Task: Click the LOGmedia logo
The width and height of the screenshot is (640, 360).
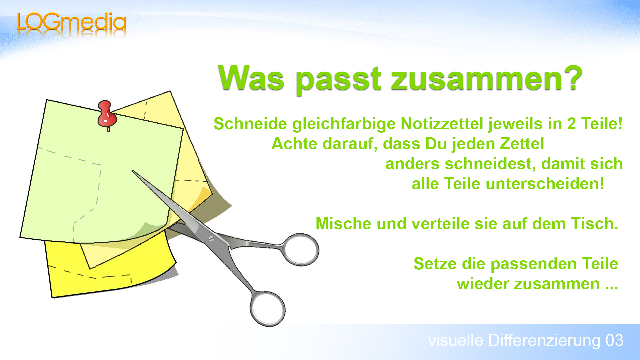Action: point(71,23)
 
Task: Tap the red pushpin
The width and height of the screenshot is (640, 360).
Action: point(106,115)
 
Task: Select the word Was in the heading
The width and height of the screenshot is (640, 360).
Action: point(251,78)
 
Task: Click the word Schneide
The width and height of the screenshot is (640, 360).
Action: point(250,124)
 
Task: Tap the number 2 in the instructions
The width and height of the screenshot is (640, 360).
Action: point(571,124)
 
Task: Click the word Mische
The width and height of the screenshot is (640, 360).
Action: point(343,224)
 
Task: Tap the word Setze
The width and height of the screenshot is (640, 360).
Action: point(435,264)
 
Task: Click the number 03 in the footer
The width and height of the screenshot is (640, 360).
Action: point(614,341)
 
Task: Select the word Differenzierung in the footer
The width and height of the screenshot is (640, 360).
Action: point(544,341)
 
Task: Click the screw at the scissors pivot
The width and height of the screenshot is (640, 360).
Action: point(211,239)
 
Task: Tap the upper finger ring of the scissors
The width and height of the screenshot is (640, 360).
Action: point(301,249)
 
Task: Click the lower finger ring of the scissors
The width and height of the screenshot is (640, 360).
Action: point(268,309)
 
